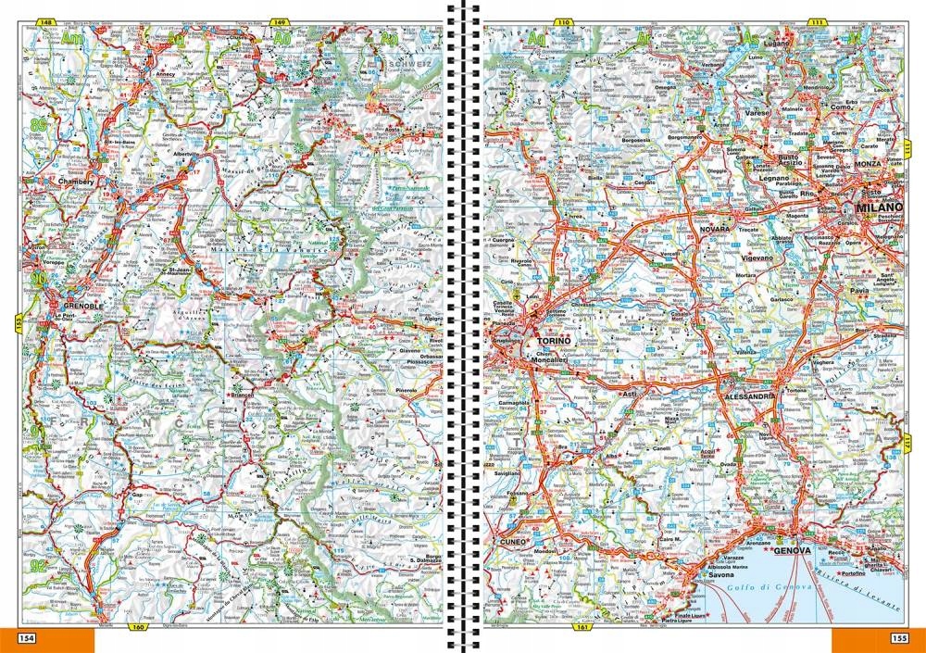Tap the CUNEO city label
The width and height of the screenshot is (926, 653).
point(510,540)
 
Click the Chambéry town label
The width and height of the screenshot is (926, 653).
point(77,182)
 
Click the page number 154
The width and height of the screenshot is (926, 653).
point(27,638)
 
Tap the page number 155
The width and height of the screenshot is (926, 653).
point(898,638)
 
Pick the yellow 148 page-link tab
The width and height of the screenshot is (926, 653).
point(44,22)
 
